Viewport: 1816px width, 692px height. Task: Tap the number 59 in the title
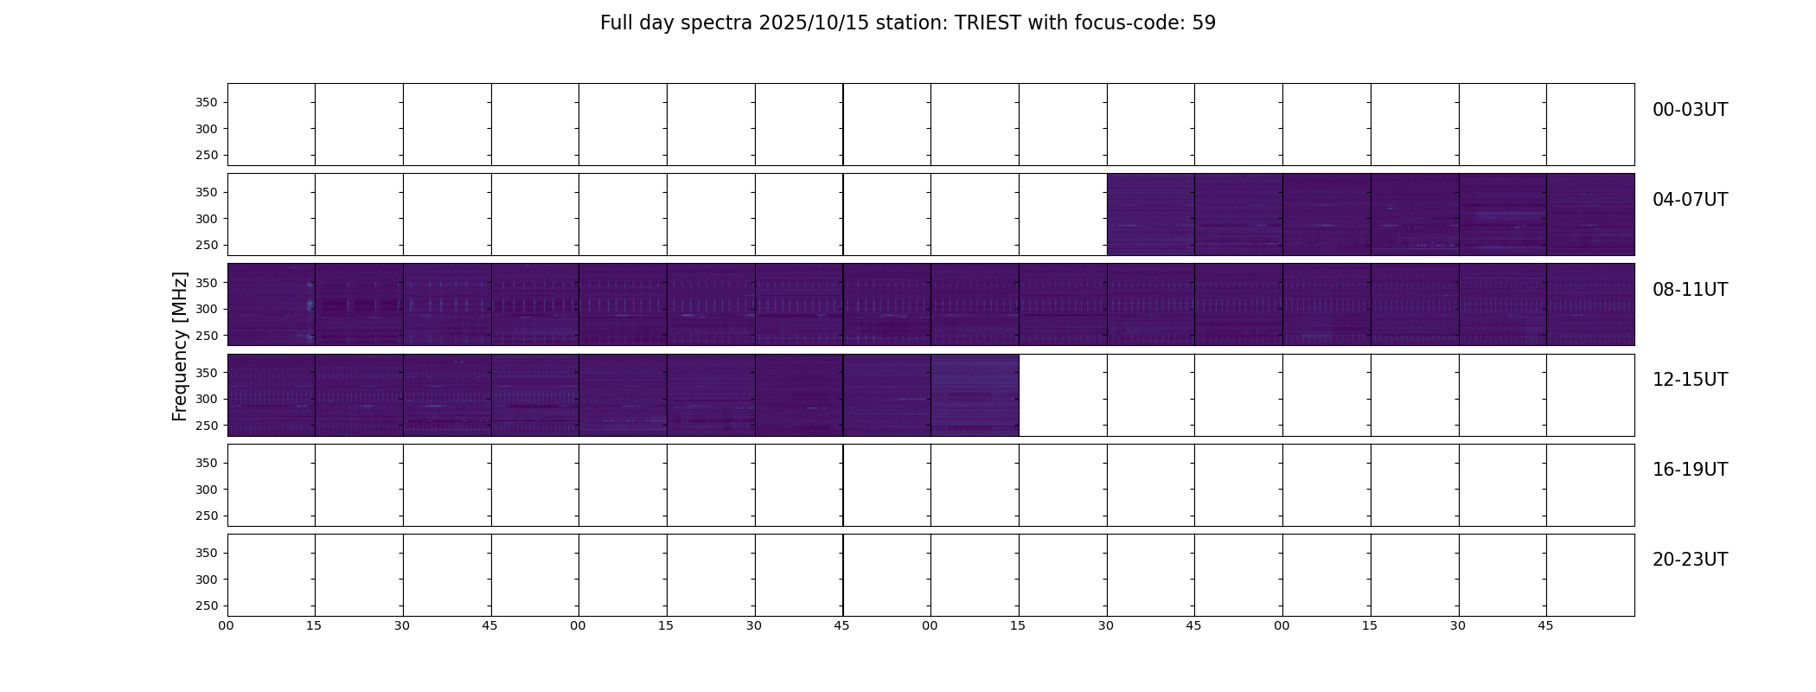tap(1204, 23)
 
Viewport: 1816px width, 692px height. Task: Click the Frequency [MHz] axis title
tap(180, 346)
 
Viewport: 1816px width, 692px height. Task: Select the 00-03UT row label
tap(1690, 110)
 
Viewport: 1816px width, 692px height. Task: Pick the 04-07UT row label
tap(1690, 200)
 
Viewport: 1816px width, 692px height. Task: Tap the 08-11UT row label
tap(1690, 290)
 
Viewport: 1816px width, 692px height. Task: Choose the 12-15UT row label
tap(1690, 380)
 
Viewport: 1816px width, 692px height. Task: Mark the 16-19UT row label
tap(1690, 470)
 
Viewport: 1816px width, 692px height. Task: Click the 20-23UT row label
tap(1690, 560)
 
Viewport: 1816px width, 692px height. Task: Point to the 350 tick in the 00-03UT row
tap(207, 102)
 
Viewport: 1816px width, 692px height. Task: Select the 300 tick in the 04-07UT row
tap(207, 219)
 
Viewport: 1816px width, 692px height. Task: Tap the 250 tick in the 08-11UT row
tap(207, 336)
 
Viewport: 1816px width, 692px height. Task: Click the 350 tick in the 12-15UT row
tap(207, 373)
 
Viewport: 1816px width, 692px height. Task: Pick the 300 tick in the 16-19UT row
tap(207, 490)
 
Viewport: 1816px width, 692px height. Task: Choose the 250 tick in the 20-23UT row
tap(207, 606)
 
